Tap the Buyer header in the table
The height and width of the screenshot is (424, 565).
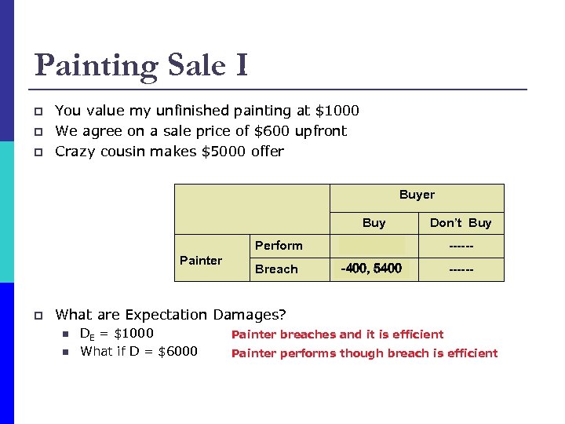click(417, 195)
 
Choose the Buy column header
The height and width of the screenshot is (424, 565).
click(374, 223)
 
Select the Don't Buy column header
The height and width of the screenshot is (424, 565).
click(461, 223)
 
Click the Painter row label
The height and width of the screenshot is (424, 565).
click(201, 260)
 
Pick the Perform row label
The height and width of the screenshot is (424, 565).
click(279, 246)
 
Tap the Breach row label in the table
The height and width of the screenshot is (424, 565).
click(277, 269)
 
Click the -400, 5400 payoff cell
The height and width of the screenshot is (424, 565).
click(371, 269)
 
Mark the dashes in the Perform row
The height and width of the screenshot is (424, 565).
click(461, 246)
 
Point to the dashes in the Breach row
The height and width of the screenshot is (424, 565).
click(461, 269)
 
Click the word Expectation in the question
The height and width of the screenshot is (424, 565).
click(157, 315)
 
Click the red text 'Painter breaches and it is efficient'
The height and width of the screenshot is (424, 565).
click(337, 334)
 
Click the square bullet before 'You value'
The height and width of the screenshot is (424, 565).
click(38, 111)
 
